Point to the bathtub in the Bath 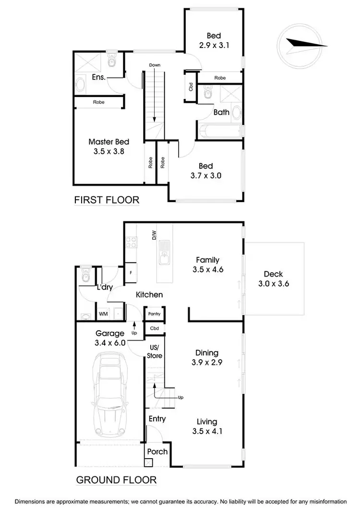(x=219, y=129)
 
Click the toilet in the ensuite (x=112, y=61)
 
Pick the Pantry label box (x=154, y=314)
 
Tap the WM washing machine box (x=103, y=314)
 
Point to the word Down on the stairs (x=155, y=65)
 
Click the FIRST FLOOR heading (x=107, y=200)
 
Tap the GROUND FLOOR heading (x=116, y=479)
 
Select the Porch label (x=157, y=451)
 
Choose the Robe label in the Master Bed (x=98, y=102)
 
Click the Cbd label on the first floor (x=191, y=87)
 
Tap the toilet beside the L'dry (x=86, y=276)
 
